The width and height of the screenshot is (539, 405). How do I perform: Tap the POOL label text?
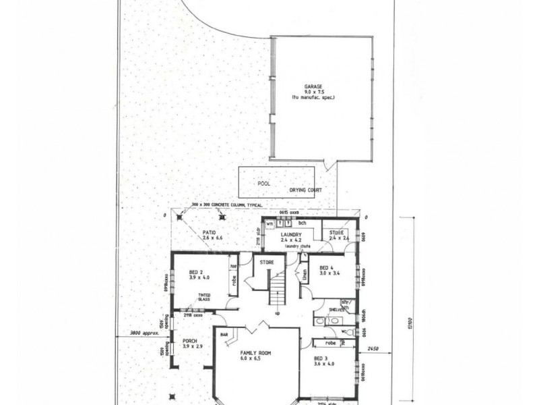click(x=265, y=183)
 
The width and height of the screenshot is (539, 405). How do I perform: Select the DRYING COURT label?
click(x=307, y=190)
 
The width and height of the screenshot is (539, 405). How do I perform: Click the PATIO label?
click(x=209, y=233)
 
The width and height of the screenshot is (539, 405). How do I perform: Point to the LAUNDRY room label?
click(x=294, y=234)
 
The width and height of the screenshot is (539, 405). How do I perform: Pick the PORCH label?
click(x=189, y=341)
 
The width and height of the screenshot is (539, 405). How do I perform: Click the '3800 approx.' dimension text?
click(x=132, y=332)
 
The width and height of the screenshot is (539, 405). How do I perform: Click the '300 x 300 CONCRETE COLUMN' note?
click(x=226, y=203)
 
